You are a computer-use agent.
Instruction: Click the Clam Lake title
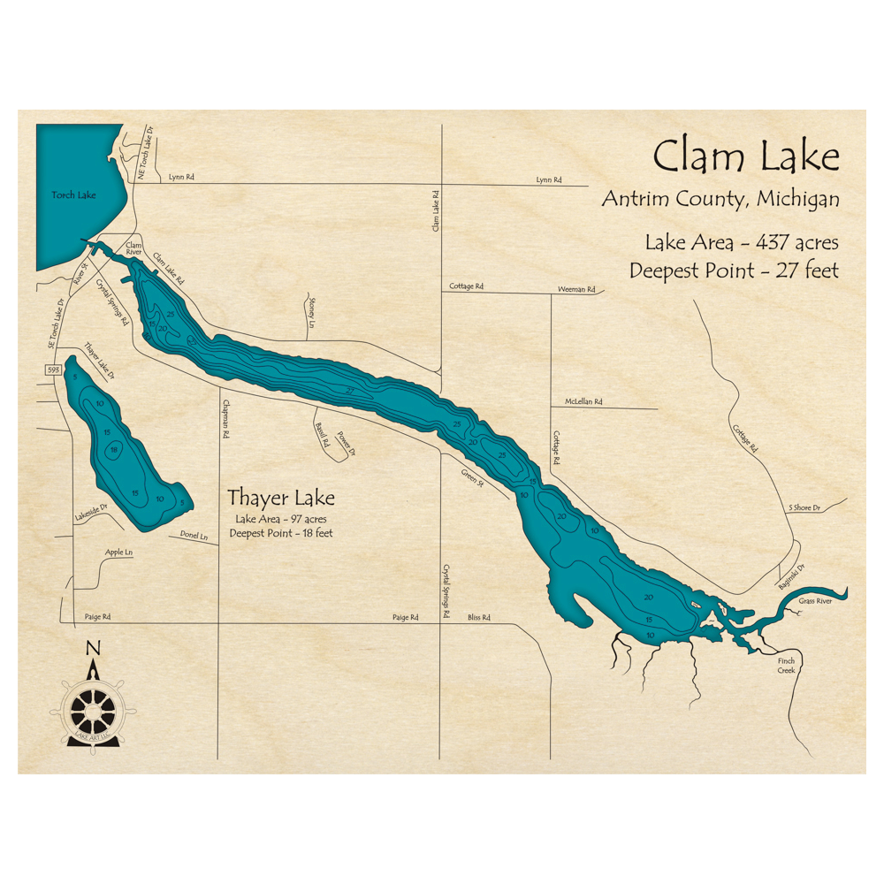coord(745,157)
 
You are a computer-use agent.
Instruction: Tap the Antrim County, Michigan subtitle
coord(720,200)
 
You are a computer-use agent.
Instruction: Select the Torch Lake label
coord(73,195)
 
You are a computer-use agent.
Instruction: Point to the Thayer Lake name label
coord(281,497)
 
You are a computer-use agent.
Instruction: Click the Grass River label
coord(815,601)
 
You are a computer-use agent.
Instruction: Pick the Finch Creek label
coord(787,666)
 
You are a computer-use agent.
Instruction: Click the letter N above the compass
coord(93,649)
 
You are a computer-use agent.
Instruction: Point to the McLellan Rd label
coord(583,402)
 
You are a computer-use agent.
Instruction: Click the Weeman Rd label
coord(576,289)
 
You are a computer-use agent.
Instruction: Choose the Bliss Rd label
coord(478,618)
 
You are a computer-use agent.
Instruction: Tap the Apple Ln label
coord(118,552)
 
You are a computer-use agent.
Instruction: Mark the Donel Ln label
coord(194,536)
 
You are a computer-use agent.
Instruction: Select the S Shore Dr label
coord(804,508)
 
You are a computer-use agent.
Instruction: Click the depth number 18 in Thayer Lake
coord(113,451)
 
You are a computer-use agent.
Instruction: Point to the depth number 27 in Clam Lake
coord(350,391)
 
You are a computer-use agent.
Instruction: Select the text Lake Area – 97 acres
coord(280,519)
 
